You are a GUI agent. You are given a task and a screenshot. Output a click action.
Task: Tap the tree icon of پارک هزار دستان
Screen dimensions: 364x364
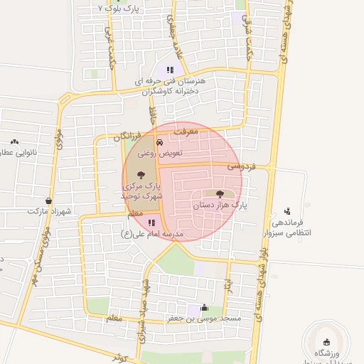(x=219, y=194)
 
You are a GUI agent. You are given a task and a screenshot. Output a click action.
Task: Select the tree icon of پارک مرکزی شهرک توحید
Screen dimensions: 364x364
(x=141, y=174)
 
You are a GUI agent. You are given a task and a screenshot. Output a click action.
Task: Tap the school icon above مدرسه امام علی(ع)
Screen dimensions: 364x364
(x=151, y=223)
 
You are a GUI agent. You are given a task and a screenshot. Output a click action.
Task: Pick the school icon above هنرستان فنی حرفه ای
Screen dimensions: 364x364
(x=170, y=70)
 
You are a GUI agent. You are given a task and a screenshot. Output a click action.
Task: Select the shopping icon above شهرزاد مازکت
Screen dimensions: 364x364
(x=48, y=201)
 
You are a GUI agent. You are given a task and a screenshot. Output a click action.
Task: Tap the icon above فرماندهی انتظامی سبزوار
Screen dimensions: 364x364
(x=287, y=211)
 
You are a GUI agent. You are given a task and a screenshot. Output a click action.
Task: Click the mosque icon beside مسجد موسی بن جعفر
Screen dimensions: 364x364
(x=205, y=308)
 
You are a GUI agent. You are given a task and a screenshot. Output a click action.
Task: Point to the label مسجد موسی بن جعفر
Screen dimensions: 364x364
(x=204, y=318)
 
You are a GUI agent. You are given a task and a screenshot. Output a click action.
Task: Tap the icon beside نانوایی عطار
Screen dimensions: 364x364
(x=14, y=143)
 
